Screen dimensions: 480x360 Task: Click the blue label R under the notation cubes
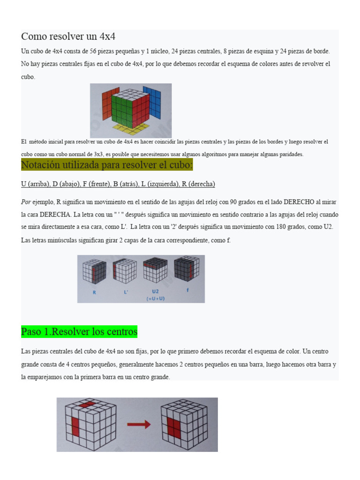[94, 291]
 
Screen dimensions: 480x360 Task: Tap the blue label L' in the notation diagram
[126, 291]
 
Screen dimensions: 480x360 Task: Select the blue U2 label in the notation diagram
[156, 291]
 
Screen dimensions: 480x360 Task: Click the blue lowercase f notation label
[187, 290]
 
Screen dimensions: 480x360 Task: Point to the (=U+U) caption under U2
[156, 298]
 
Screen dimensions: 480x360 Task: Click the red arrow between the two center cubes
[140, 425]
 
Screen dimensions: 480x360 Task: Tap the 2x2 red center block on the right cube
[173, 427]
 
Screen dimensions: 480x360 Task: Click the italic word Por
[26, 202]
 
